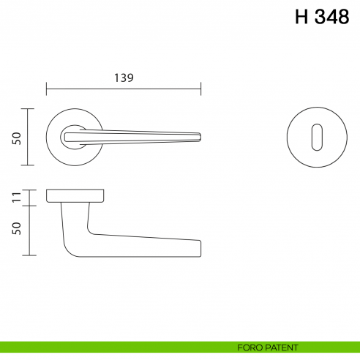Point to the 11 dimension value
pos(16,197)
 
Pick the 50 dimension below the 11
pos(16,229)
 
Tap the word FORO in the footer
pos(249,347)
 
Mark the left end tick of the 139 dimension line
pos(47,89)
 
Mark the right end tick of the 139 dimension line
pos(200,89)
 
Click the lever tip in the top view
pos(197,136)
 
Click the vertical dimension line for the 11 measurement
pos(28,197)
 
